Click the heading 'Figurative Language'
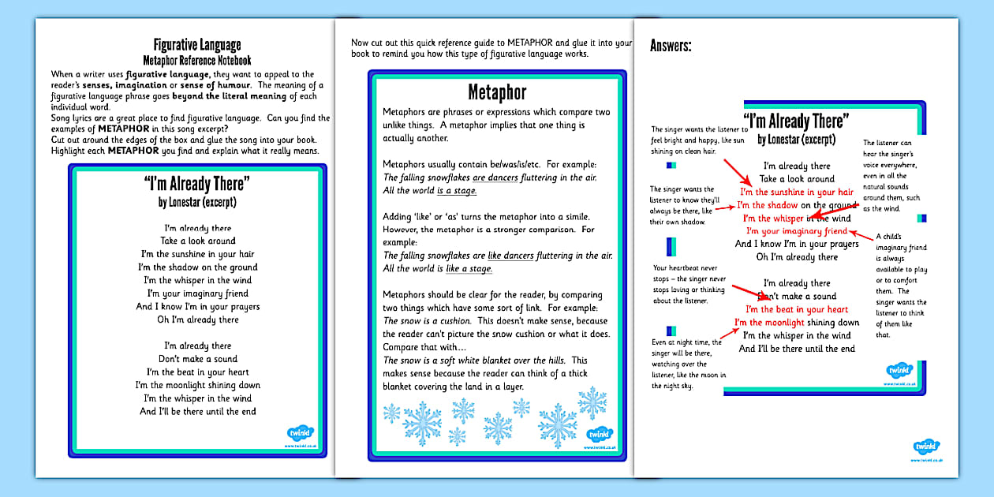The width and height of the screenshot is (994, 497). [197, 45]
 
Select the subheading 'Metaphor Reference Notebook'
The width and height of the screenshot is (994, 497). [197, 60]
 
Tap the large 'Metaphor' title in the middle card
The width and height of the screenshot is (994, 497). [497, 93]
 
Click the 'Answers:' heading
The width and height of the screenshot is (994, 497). [671, 46]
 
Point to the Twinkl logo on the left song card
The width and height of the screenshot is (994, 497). [300, 435]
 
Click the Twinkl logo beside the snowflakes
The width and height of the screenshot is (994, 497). [599, 435]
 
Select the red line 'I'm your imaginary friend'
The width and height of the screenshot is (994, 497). [796, 231]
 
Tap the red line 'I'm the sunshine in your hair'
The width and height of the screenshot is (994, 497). [796, 192]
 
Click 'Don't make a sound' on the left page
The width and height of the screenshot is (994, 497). [198, 359]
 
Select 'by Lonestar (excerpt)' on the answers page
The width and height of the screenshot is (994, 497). [797, 140]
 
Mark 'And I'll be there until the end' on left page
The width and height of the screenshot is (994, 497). [198, 411]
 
